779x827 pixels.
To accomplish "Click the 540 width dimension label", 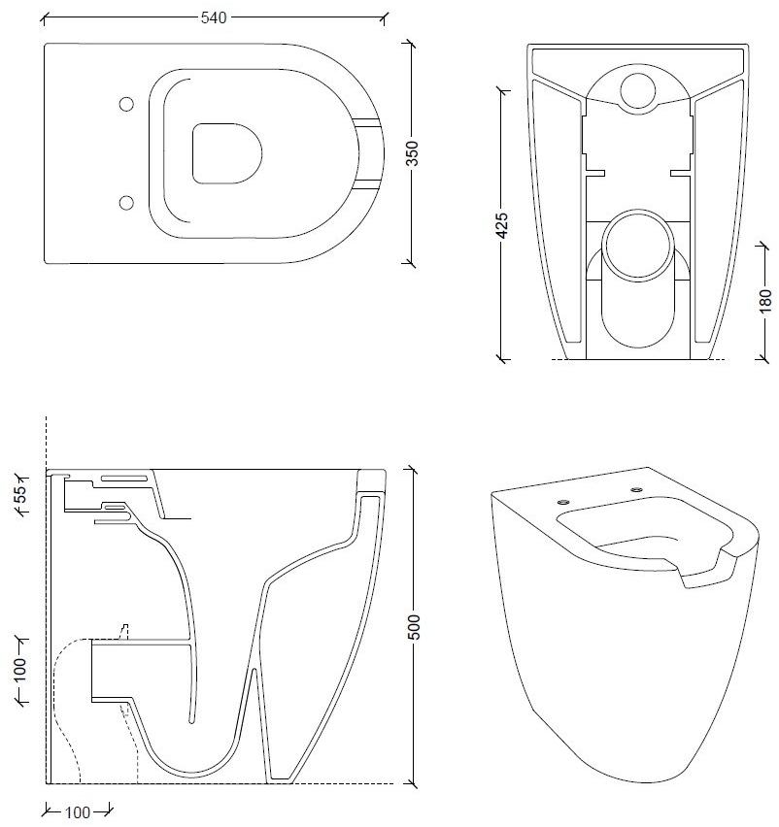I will point(214,17).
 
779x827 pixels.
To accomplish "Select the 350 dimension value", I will point(411,153).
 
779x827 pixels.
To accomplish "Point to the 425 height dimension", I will point(501,226).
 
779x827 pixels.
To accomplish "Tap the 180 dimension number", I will point(764,300).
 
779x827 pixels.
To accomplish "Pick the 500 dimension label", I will point(415,627).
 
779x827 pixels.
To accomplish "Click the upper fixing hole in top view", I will point(124,105).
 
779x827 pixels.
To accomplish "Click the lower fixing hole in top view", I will point(124,201).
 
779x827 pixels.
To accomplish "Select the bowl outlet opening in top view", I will point(228,152).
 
